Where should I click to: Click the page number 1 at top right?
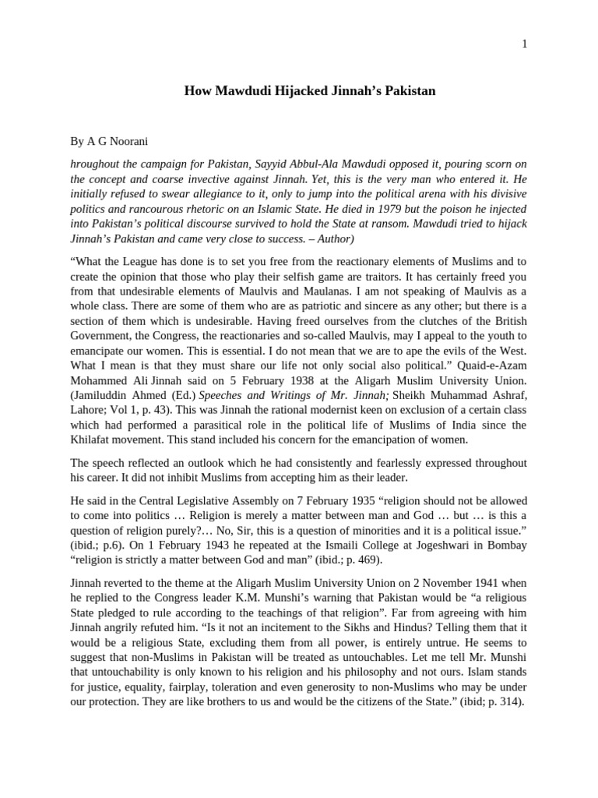point(524,44)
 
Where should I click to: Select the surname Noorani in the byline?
point(129,143)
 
